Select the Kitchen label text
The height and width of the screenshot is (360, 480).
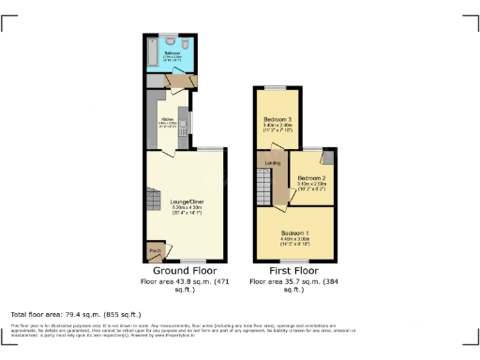click(166, 120)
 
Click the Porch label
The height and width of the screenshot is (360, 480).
click(155, 250)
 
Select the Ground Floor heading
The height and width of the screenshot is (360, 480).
click(186, 270)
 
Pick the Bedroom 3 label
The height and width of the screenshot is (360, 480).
click(277, 119)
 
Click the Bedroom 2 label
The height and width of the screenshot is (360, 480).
click(311, 177)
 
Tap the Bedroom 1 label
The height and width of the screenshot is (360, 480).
click(293, 231)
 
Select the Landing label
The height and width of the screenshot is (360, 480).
click(273, 163)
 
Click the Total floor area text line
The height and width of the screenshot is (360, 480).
click(75, 314)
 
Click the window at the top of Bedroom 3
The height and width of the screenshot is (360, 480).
click(276, 87)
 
